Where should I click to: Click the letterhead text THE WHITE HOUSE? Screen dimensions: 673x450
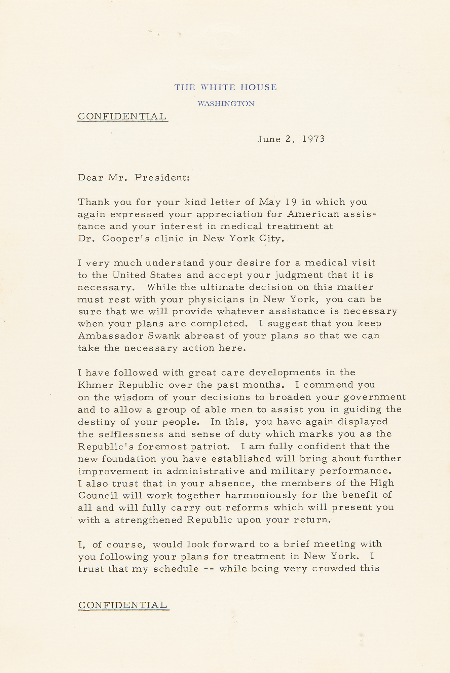(x=225, y=87)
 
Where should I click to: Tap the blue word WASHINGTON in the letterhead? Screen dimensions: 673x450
(x=226, y=104)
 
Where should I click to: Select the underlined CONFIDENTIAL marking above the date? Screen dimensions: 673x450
(x=122, y=116)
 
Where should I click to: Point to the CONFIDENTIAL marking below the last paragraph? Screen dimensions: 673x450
(x=123, y=605)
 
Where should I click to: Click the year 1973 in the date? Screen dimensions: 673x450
(x=313, y=139)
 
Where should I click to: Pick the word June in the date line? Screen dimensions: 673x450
(x=269, y=139)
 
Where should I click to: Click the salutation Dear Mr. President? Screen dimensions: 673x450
(x=134, y=177)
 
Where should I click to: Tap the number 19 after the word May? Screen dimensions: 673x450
(x=291, y=202)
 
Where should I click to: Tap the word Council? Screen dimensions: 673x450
(x=98, y=495)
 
